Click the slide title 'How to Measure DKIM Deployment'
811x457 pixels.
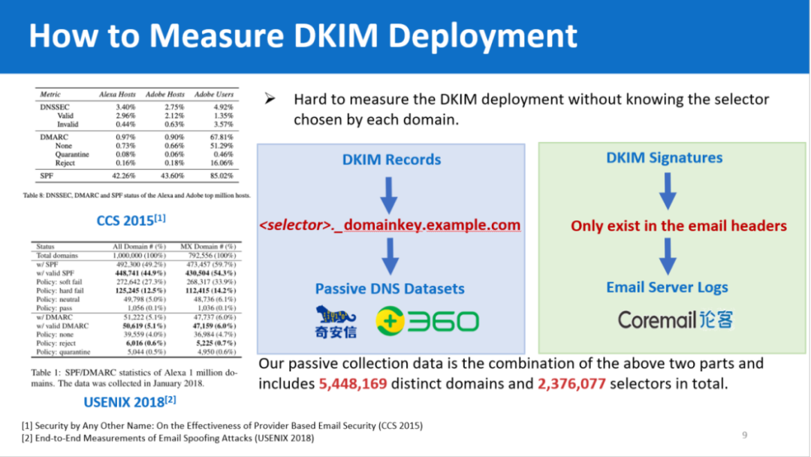click(x=303, y=36)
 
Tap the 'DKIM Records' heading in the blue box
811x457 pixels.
click(x=391, y=159)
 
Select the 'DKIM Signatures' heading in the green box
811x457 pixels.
click(x=664, y=158)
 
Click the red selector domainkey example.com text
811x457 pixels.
click(x=390, y=225)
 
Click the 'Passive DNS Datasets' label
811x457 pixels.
click(x=390, y=289)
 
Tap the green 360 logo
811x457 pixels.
click(x=427, y=322)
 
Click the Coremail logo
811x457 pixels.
click(x=675, y=319)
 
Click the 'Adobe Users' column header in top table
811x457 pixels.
click(x=214, y=95)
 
